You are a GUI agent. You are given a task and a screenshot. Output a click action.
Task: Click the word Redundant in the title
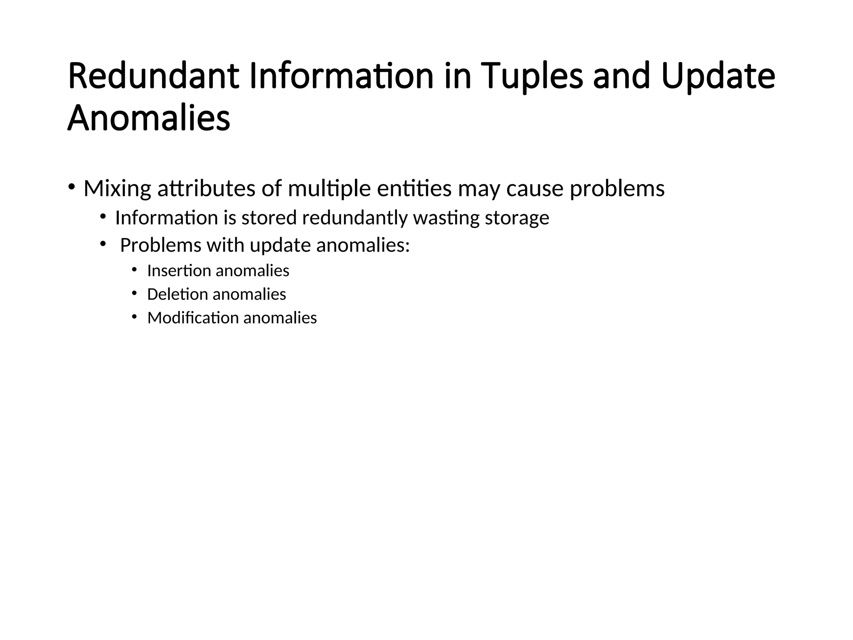pos(153,76)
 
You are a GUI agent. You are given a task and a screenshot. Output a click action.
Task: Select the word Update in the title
pos(718,76)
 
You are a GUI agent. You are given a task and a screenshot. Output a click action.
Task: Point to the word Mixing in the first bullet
pos(117,189)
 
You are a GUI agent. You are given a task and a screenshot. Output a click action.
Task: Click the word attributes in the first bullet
pos(206,189)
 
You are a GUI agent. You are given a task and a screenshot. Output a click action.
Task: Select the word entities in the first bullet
pos(414,189)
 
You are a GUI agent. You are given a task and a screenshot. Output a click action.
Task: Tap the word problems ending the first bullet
pos(617,189)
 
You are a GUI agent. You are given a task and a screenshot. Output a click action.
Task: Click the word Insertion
pos(179,271)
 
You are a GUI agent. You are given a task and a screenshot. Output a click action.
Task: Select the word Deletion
pos(177,295)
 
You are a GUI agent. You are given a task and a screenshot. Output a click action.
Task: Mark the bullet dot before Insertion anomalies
pos(134,270)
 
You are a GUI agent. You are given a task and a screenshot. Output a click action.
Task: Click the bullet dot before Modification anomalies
pos(134,317)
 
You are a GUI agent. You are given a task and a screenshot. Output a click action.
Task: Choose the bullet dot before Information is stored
pos(103,216)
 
